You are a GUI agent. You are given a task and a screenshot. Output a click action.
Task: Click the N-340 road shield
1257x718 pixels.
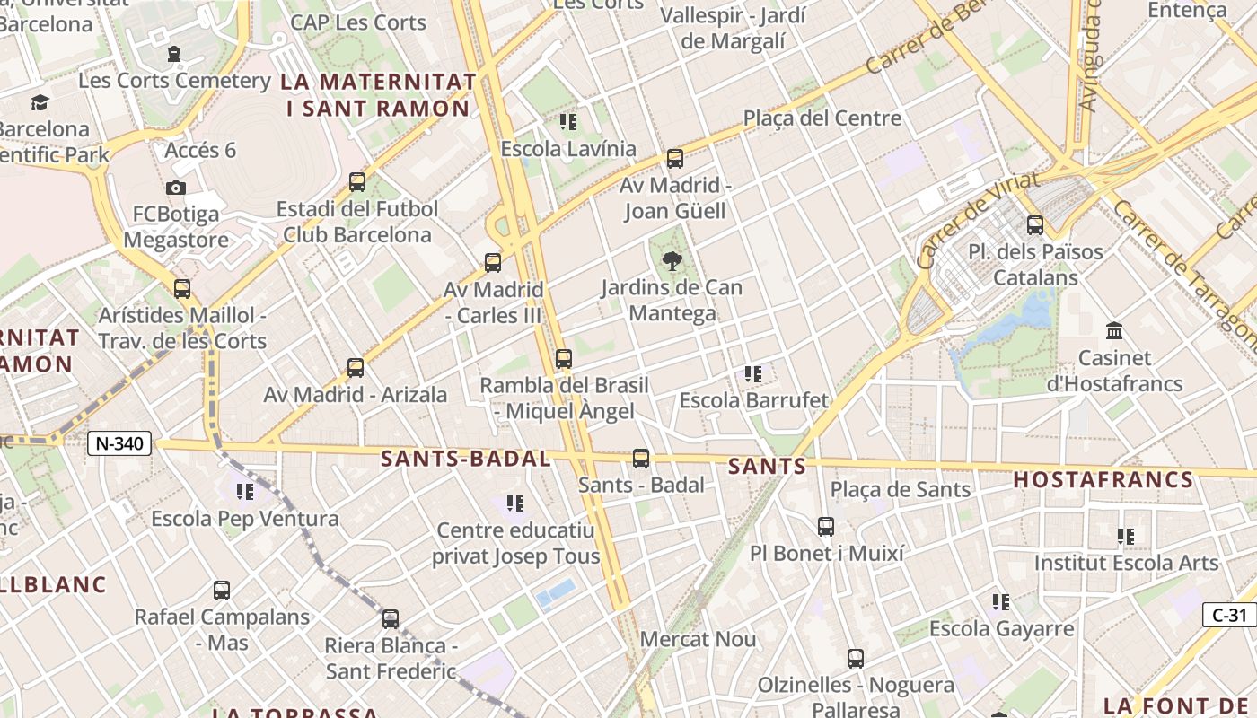tap(120, 442)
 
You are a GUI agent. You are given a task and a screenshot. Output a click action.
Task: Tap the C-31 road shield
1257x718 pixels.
tap(1229, 615)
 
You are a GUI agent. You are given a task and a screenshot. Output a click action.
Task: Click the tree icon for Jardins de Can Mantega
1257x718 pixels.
tap(671, 261)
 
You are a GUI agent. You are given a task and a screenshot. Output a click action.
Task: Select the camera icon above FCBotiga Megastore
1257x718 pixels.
tap(175, 188)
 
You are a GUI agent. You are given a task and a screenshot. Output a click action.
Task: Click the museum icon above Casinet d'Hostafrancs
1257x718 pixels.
tap(1114, 330)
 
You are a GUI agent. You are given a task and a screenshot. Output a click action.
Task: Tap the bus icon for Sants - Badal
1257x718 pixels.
tap(641, 459)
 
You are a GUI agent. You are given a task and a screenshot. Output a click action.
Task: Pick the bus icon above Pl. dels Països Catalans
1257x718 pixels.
tap(1034, 224)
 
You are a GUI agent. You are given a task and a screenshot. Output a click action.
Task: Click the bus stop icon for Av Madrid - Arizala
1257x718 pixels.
tap(356, 368)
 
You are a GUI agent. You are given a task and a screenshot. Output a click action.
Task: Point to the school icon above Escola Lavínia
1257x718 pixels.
tap(567, 121)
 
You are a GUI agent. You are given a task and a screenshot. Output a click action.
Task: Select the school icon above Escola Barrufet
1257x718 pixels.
tap(752, 373)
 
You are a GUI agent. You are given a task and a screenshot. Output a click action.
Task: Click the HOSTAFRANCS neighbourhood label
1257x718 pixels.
tap(1103, 479)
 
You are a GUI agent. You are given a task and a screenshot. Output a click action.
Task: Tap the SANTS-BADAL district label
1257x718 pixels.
tap(465, 459)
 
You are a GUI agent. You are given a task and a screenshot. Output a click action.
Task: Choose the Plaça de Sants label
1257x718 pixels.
tap(901, 489)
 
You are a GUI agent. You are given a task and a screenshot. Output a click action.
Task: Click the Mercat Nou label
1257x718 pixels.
tap(698, 639)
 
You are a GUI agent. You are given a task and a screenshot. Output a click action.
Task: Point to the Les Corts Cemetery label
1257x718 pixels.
tap(174, 80)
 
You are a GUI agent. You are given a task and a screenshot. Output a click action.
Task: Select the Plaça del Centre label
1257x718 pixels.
tap(822, 118)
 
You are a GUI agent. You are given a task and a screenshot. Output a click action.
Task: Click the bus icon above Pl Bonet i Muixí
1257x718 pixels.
tap(826, 526)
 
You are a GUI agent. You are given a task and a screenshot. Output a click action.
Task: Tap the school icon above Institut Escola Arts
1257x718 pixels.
tap(1126, 537)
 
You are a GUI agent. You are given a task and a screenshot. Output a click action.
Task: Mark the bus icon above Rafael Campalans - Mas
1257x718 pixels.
tap(222, 591)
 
